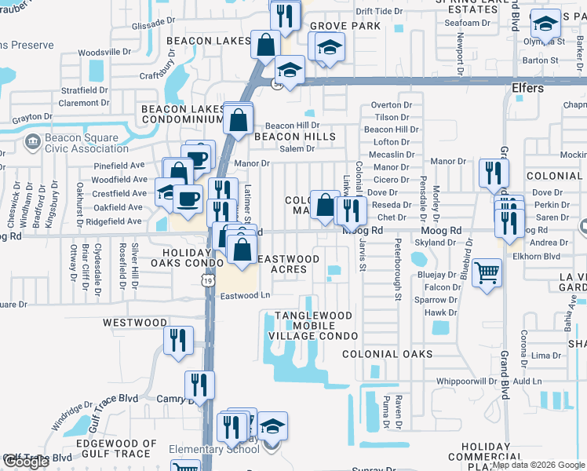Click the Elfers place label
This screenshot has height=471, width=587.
[x=527, y=88]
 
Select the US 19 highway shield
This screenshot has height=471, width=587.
[x=206, y=279]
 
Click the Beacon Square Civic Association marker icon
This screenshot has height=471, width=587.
[x=33, y=142]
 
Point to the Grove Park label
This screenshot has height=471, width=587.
[x=349, y=26]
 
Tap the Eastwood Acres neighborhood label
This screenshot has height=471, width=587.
[x=288, y=264]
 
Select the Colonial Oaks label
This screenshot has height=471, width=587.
[x=388, y=354]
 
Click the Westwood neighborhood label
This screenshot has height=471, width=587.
[x=135, y=323]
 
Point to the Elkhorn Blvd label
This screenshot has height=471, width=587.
[x=541, y=256]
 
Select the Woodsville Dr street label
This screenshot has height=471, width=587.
[x=104, y=52]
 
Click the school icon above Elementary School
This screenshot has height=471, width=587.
[x=272, y=426]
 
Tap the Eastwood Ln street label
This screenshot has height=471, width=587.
[x=245, y=296]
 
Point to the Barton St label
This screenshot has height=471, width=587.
[x=540, y=60]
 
